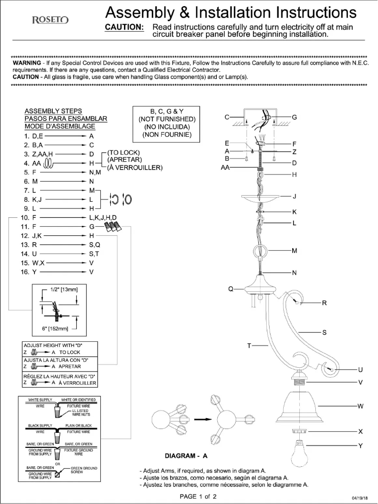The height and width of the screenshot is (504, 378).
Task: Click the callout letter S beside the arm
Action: tap(324, 333)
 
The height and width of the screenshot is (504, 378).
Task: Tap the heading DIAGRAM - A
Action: tap(186, 456)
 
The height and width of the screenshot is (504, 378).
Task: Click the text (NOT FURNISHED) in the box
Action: tap(167, 119)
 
